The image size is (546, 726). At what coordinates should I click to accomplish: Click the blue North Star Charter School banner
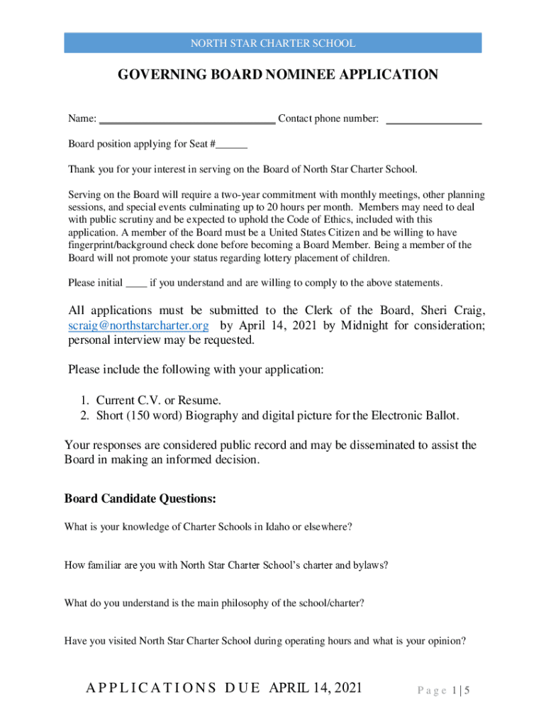click(273, 43)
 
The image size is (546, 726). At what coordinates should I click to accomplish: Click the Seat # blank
click(232, 147)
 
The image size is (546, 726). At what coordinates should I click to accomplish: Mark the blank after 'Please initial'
click(136, 285)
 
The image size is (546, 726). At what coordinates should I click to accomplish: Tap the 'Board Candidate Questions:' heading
click(140, 498)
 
